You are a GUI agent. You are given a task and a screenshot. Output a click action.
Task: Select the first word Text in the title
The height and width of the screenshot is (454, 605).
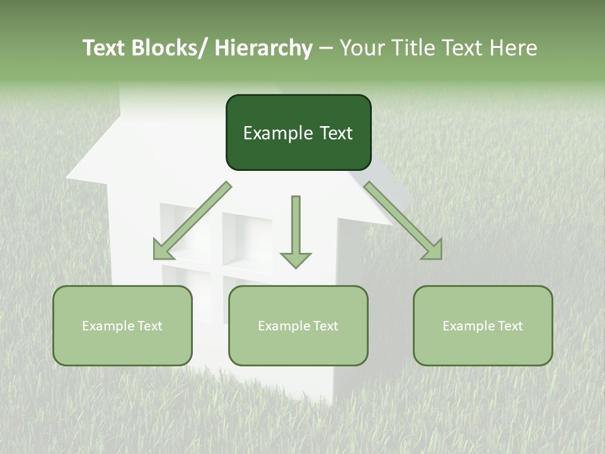point(105,48)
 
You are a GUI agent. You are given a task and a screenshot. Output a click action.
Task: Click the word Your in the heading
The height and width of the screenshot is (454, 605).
point(360,48)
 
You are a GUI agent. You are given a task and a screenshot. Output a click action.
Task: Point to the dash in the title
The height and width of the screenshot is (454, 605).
point(326,49)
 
